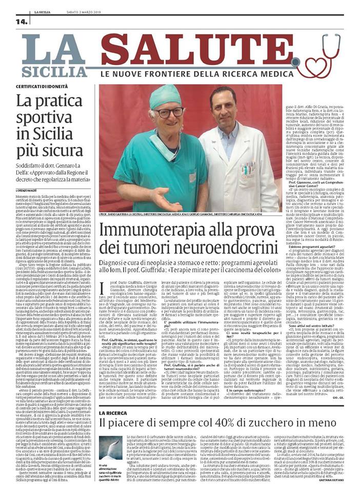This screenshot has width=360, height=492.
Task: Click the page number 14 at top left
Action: click(22, 22)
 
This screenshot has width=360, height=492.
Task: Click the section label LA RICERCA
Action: click(113, 413)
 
